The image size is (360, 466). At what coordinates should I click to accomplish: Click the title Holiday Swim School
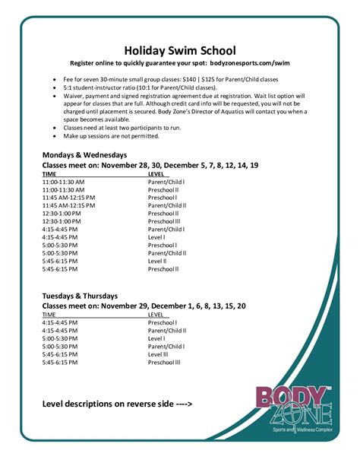point(180,50)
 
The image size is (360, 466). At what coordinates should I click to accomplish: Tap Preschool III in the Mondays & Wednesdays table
point(164,221)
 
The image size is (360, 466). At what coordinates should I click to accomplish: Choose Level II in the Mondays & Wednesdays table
point(156,260)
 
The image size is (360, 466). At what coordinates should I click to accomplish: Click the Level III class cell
point(158,354)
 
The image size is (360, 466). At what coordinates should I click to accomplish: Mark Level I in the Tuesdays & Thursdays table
point(156,339)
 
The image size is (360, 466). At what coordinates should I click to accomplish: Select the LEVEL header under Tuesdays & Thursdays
point(156,314)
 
